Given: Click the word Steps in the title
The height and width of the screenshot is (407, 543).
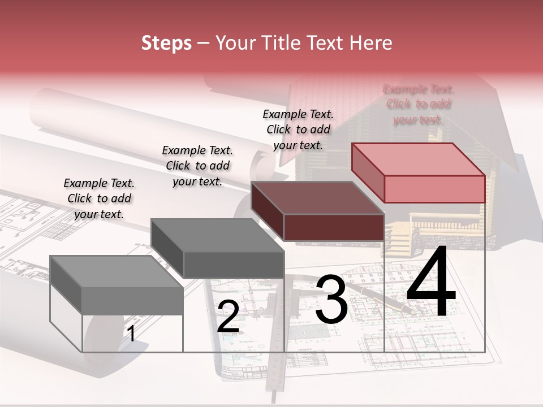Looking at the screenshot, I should pyautogui.click(x=166, y=43).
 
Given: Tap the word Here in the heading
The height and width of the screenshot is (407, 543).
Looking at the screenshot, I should pyautogui.click(x=371, y=43).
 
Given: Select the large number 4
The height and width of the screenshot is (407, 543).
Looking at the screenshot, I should pyautogui.click(x=431, y=283).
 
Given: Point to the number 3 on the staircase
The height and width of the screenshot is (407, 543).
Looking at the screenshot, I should pyautogui.click(x=331, y=300).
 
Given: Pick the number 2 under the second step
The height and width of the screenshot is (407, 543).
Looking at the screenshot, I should pyautogui.click(x=228, y=317).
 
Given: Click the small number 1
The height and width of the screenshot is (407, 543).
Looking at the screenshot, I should pyautogui.click(x=131, y=334).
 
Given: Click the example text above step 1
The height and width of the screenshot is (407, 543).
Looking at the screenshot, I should pyautogui.click(x=100, y=198).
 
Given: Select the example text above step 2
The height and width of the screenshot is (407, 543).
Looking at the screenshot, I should pyautogui.click(x=197, y=166).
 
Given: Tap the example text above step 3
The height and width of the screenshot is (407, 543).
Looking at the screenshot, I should pyautogui.click(x=298, y=129).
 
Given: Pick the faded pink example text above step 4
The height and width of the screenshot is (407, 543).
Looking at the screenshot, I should pyautogui.click(x=419, y=105).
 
